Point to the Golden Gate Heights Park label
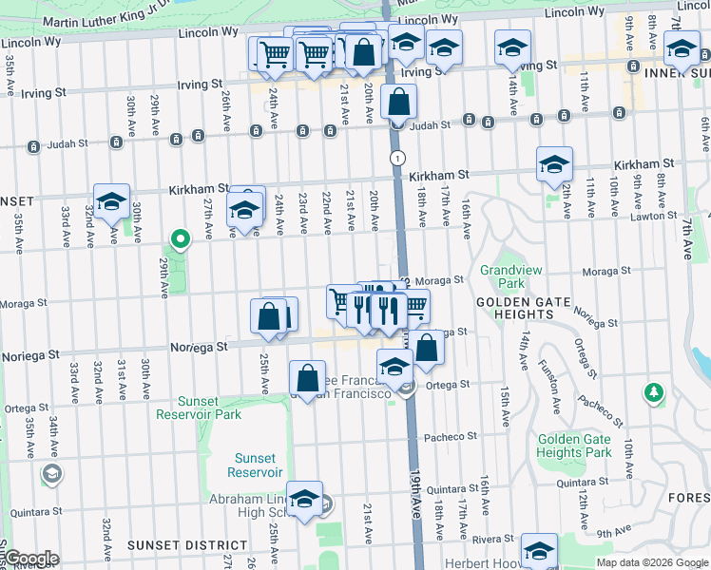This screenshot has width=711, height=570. coord(574,446)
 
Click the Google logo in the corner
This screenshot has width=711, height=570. coord(30,559)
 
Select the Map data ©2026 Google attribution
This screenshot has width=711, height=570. coord(652,562)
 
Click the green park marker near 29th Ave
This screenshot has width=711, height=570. coord(178,237)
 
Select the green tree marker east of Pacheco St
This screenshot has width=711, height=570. coord(653,391)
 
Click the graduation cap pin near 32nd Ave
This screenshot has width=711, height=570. coord(111,202)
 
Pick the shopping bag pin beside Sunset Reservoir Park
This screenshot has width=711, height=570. coord(307,379)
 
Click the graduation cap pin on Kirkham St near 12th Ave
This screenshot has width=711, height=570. coord(553,165)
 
